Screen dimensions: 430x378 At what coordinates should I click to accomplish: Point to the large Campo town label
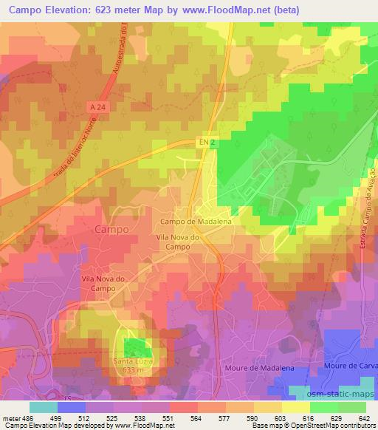point(112,230)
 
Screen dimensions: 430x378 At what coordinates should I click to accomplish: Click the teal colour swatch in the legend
point(43,407)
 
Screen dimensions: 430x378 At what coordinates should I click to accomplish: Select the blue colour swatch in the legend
point(71,407)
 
